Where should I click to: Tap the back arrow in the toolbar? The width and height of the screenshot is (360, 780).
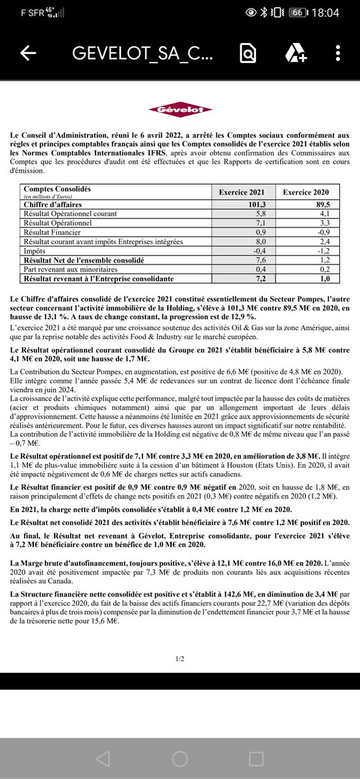coord(28,54)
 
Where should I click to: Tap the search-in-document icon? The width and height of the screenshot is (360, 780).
coord(248,54)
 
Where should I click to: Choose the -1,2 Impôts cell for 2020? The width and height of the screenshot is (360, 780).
coord(306,250)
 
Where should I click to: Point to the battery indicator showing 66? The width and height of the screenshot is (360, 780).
coord(297,12)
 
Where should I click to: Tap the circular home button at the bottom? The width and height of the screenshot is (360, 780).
coord(180,758)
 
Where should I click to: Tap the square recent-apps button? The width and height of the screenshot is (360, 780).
coord(257,758)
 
